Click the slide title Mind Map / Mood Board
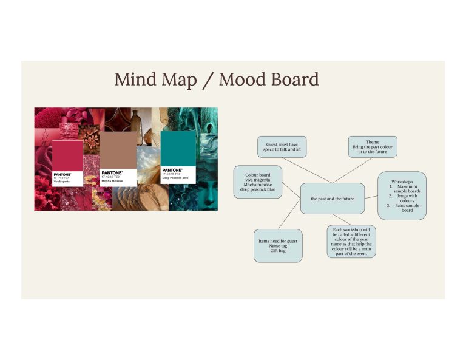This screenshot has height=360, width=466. (x=217, y=80)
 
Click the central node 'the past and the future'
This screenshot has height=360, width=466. (x=333, y=199)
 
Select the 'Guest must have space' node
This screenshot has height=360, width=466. (x=282, y=146)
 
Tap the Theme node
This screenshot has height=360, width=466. (x=373, y=147)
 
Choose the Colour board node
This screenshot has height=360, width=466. (x=258, y=182)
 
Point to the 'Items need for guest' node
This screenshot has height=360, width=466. (x=278, y=245)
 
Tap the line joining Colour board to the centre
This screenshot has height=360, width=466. (x=292, y=191)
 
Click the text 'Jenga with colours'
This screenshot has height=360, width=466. (x=407, y=199)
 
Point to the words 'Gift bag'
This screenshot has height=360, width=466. (x=278, y=251)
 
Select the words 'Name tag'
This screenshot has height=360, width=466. (x=278, y=246)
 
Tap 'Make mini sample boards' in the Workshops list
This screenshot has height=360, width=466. (x=407, y=189)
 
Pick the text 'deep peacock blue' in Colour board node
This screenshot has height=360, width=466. (x=258, y=189)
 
